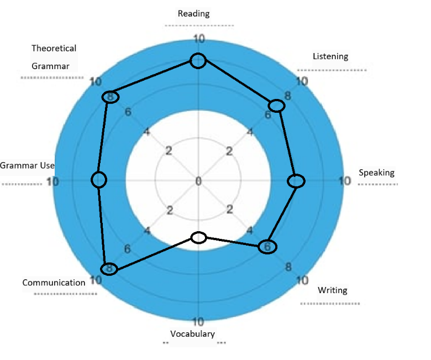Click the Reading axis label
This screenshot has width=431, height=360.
coord(193,13)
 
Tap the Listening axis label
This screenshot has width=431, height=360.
coord(330,56)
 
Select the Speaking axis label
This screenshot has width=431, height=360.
coord(377,173)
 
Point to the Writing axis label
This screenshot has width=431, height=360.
coord(333,290)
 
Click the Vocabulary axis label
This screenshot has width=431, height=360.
coord(192,334)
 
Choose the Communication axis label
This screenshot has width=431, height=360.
coord(54,283)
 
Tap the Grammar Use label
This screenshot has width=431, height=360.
coord(27,165)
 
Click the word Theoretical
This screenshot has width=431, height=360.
coord(54,49)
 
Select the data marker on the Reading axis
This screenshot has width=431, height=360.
coord(198,61)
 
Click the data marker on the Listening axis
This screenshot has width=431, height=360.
coord(276,106)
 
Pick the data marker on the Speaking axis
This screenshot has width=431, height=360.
coord(296,181)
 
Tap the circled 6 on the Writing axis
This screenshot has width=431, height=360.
coord(267,247)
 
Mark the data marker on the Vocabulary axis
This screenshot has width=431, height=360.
coord(199,238)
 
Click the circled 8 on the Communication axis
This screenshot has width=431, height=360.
coord(109,269)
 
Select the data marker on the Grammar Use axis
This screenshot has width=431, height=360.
coord(99,180)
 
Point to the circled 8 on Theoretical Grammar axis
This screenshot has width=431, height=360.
coord(110,97)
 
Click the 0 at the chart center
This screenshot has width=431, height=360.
coord(198,181)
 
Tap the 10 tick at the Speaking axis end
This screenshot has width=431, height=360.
coord(345,181)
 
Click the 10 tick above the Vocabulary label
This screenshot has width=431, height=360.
coord(198,322)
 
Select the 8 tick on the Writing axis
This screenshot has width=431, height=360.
coord(288,267)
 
